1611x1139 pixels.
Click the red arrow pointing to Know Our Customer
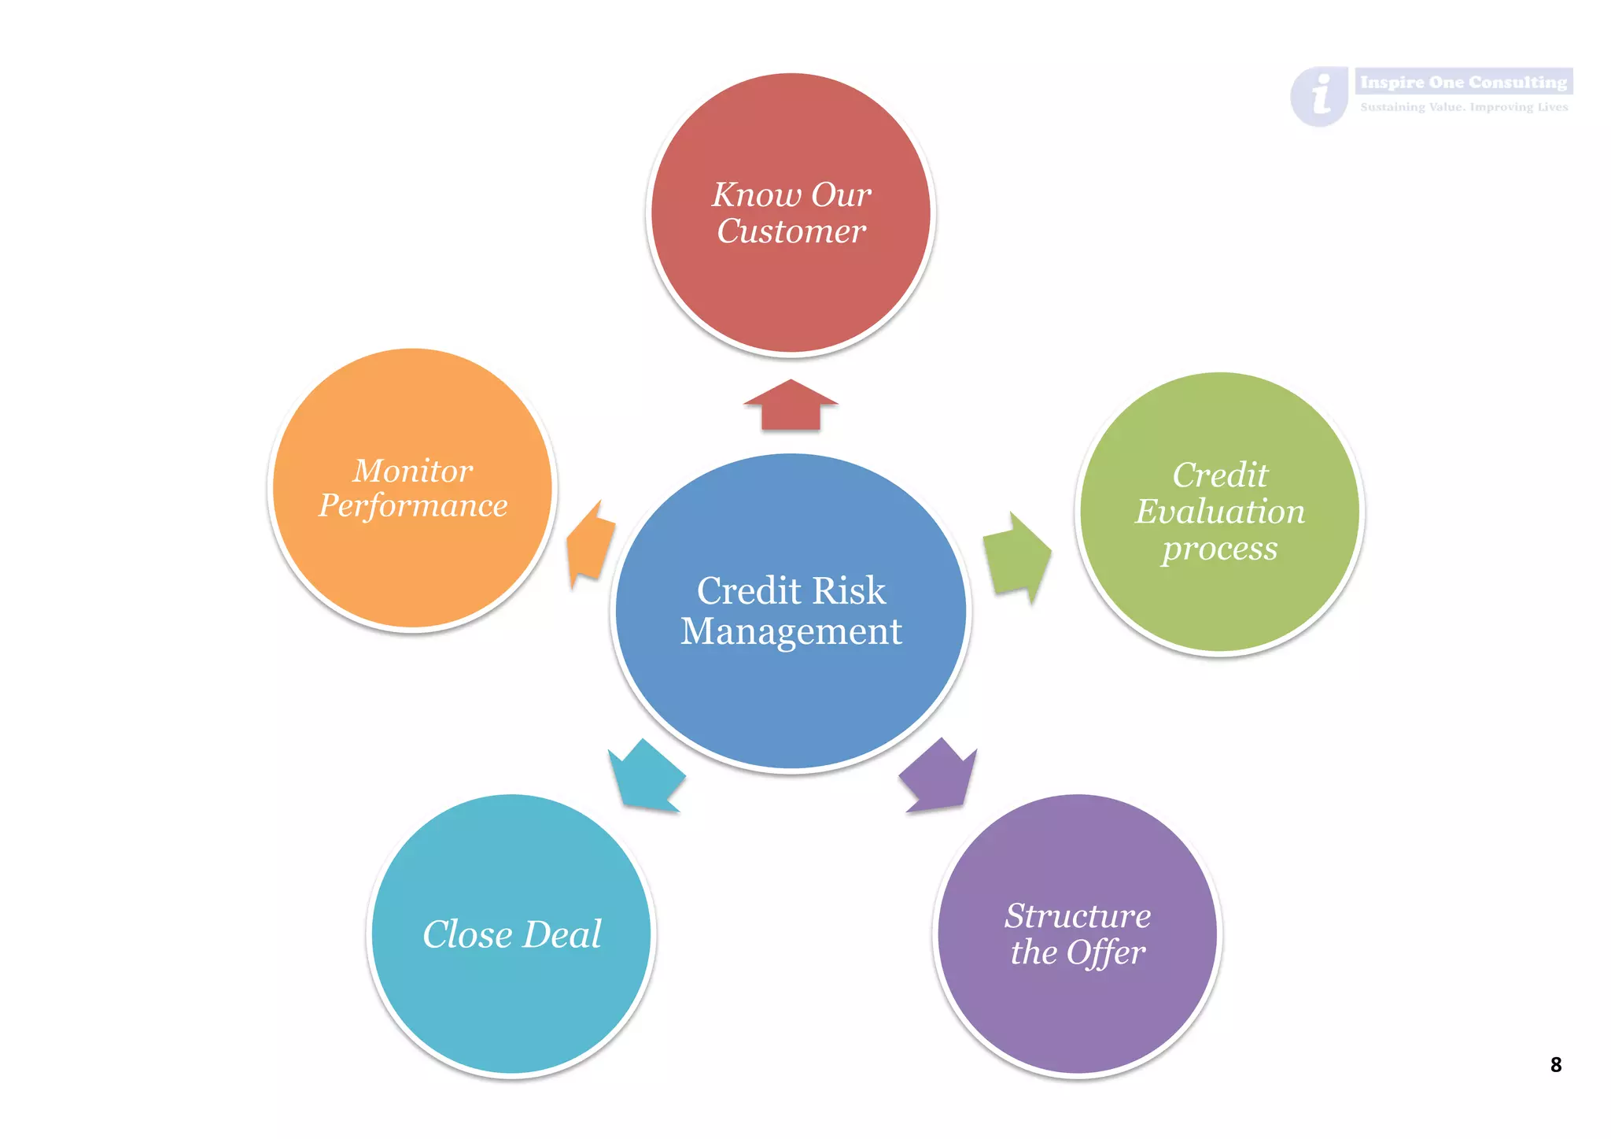(791, 406)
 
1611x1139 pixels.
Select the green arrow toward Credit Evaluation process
(1017, 558)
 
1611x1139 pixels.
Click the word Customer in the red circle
(791, 231)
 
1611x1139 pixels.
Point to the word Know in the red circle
(756, 194)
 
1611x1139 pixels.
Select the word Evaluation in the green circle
(1219, 512)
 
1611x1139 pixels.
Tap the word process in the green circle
(1219, 549)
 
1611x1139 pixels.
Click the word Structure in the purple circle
(1078, 915)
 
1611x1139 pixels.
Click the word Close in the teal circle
(467, 934)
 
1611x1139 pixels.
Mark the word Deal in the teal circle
(562, 934)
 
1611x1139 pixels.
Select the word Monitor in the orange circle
(413, 471)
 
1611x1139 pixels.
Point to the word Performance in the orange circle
(413, 506)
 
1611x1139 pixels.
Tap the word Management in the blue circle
(791, 631)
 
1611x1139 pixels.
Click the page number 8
(1555, 1064)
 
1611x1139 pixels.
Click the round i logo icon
(1320, 96)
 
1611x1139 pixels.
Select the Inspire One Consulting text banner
(1463, 82)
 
